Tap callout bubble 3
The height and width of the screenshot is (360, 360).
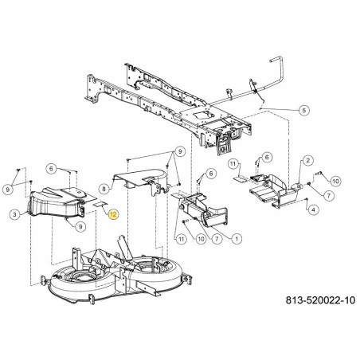click(14, 214)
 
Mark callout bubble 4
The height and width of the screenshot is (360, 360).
click(313, 209)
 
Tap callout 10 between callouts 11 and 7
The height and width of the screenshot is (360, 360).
click(200, 237)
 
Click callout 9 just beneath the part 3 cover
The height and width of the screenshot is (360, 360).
click(81, 228)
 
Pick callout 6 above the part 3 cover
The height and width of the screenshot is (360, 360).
click(50, 168)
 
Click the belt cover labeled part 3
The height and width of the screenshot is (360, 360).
click(56, 200)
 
